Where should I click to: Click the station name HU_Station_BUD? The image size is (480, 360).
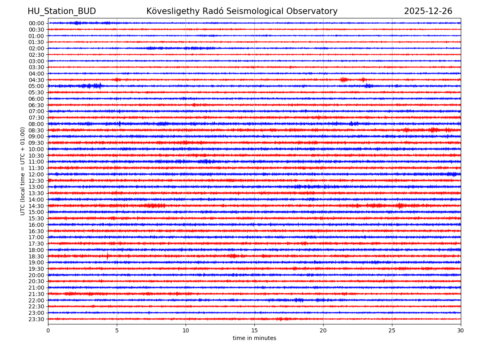pyautogui.click(x=62, y=12)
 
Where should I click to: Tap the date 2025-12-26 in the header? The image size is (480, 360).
pyautogui.click(x=428, y=12)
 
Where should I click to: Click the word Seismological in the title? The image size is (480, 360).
pyautogui.click(x=248, y=12)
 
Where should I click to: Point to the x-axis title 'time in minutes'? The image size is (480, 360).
pyautogui.click(x=254, y=338)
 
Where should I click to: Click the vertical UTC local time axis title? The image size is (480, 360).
pyautogui.click(x=23, y=171)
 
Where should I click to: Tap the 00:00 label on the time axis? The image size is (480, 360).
pyautogui.click(x=36, y=23)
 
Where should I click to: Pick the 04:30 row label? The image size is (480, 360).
pyautogui.click(x=36, y=80)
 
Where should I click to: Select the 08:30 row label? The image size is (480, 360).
pyautogui.click(x=36, y=130)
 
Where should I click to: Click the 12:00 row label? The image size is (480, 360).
pyautogui.click(x=36, y=174)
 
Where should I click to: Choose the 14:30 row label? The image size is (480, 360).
pyautogui.click(x=36, y=206)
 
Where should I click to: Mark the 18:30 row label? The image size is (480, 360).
pyautogui.click(x=36, y=256)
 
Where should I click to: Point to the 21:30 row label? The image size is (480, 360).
pyautogui.click(x=36, y=294)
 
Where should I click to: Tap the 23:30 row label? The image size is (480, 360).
pyautogui.click(x=36, y=319)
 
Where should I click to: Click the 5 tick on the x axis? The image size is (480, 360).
pyautogui.click(x=117, y=330)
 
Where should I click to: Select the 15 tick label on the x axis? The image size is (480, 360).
pyautogui.click(x=254, y=330)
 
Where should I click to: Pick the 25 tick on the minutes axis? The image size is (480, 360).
pyautogui.click(x=392, y=330)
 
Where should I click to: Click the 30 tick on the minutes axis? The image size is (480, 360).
pyautogui.click(x=461, y=330)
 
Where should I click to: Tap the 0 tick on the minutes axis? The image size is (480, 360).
pyautogui.click(x=48, y=330)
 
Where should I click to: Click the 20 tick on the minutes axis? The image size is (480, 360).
pyautogui.click(x=323, y=330)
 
